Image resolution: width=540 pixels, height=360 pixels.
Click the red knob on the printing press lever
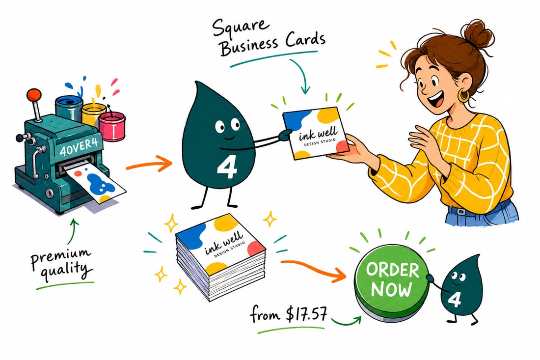tap(34, 94)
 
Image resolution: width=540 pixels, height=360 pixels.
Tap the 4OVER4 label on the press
tap(78, 147)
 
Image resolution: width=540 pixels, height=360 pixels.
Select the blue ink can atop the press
tap(69, 108)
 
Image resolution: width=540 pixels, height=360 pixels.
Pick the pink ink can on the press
tap(112, 126)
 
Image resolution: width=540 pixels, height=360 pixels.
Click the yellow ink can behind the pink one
tap(93, 113)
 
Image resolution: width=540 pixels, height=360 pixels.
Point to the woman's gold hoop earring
tap(463, 95)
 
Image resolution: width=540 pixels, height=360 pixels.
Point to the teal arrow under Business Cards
tap(301, 74)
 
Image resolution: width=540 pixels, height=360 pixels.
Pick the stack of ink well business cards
tap(220, 257)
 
